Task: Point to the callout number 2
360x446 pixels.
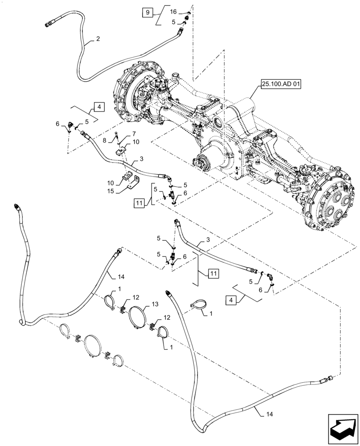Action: pos(98,39)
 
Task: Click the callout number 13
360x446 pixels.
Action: pos(155,304)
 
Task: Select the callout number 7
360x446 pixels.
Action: pos(134,134)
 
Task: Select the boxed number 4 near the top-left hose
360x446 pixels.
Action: pos(98,107)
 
